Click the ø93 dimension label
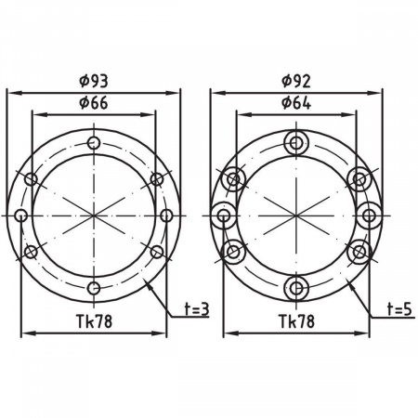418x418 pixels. point(94,81)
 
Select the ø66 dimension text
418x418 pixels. point(94,103)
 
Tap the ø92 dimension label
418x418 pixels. point(296,81)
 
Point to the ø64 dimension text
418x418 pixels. point(296,103)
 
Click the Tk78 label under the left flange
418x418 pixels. point(94,321)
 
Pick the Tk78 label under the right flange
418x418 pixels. point(296,321)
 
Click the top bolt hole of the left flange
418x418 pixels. point(94,143)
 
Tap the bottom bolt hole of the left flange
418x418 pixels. point(94,288)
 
